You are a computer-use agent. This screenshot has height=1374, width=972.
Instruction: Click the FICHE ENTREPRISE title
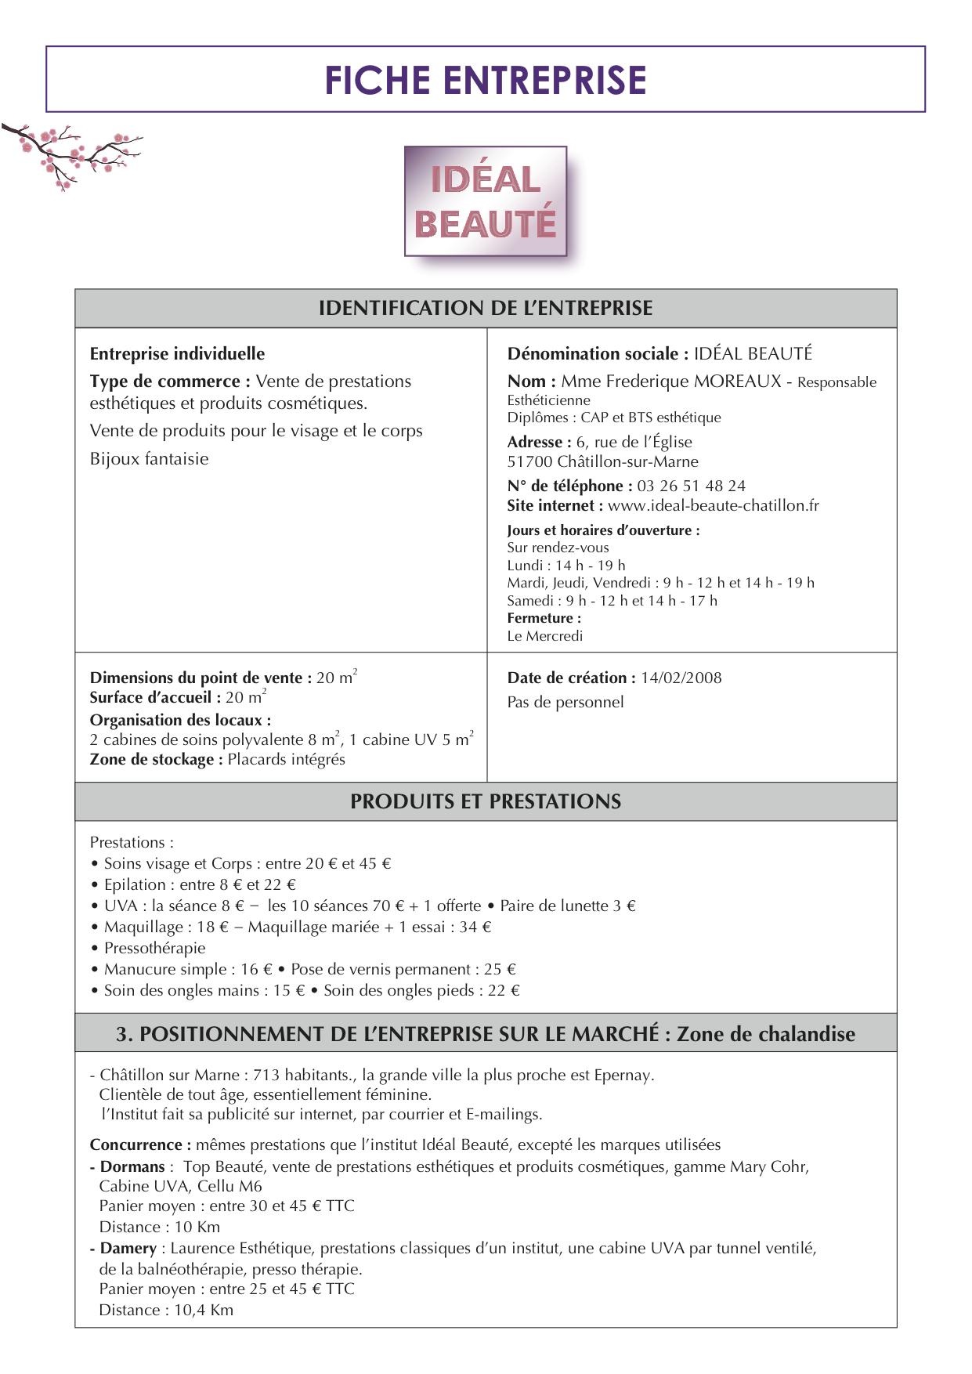pos(486,80)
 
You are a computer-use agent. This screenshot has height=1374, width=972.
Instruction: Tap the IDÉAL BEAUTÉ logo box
pos(486,201)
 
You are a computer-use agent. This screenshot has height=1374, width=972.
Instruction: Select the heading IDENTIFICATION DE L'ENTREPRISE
pos(486,308)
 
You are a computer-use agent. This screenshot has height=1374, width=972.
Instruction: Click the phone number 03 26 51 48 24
pos(691,486)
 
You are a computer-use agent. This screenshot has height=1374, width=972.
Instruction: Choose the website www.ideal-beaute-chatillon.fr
pos(713,505)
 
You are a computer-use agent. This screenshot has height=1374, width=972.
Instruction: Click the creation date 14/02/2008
pos(681,678)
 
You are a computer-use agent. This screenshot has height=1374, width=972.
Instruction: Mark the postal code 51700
pos(529,461)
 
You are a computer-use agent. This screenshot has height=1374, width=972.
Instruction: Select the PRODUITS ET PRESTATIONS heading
pos(486,801)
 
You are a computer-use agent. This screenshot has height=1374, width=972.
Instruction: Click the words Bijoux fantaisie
pos(149,459)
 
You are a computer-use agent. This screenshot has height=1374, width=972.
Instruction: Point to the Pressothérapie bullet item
pos(154,948)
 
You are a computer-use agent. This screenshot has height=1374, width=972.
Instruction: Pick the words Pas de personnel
pos(565,702)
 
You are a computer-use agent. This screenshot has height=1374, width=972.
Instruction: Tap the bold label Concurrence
pos(139,1144)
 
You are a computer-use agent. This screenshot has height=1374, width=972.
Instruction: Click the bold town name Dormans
pos(132,1166)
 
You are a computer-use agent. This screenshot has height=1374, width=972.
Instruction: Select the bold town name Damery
pos(128,1248)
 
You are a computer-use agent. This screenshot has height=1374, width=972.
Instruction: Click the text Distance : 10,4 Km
pos(166,1310)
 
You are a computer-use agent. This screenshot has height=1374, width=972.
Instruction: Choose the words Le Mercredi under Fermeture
pos(544,636)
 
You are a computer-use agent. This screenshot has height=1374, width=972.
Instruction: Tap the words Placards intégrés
pos(286,759)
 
